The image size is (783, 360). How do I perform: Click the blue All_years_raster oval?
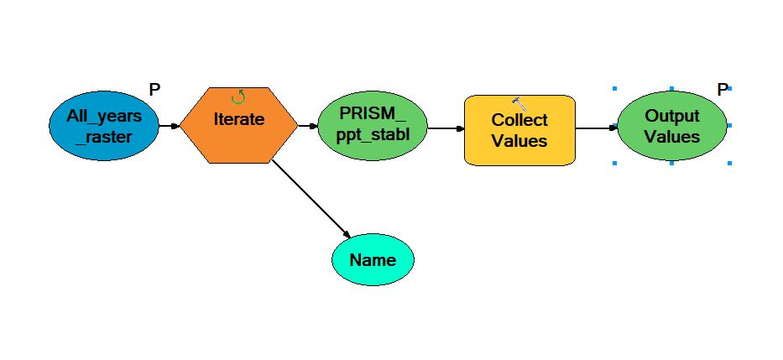click(x=103, y=126)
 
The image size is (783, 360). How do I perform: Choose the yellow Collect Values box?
click(x=519, y=130)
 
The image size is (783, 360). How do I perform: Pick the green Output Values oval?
click(x=671, y=126)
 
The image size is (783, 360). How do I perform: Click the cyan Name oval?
click(x=373, y=259)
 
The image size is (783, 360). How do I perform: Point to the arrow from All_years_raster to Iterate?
click(x=169, y=127)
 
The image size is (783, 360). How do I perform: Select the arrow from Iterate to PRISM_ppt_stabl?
click(x=308, y=127)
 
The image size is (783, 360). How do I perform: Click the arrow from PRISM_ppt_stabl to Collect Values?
click(x=446, y=129)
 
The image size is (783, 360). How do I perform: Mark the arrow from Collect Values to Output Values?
click(x=596, y=128)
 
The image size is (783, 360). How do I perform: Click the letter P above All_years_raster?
click(x=154, y=89)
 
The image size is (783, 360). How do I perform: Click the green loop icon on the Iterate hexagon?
click(x=238, y=97)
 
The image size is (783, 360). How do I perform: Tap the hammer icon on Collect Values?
click(x=519, y=104)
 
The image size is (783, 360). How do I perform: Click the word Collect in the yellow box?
click(x=519, y=120)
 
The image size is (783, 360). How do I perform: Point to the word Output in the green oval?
click(x=671, y=117)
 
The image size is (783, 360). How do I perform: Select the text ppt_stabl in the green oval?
click(x=373, y=135)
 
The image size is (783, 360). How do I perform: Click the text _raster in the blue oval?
click(x=103, y=136)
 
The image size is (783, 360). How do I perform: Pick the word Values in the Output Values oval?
click(x=671, y=136)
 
